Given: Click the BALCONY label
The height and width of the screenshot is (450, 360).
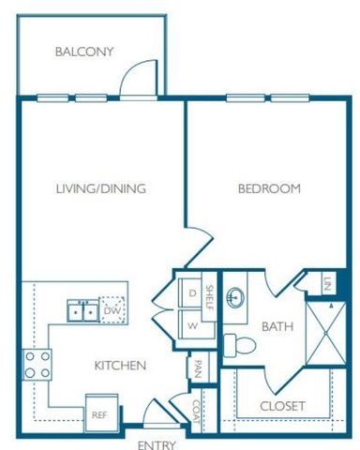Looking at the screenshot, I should click(83, 52).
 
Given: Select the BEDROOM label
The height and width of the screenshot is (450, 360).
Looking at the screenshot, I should click(268, 188).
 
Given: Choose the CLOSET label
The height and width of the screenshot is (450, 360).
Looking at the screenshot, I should click(282, 405).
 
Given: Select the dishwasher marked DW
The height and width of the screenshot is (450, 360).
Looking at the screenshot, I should click(112, 309).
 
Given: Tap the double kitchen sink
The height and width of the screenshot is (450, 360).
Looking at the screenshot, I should click(81, 309).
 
